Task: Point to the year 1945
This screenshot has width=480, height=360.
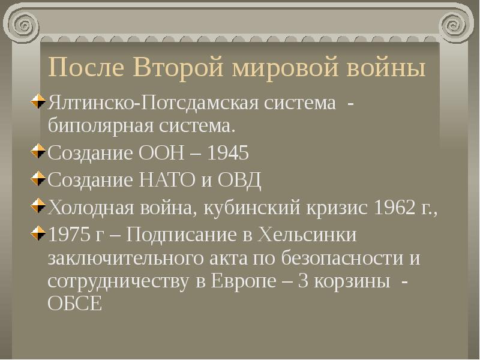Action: (x=227, y=154)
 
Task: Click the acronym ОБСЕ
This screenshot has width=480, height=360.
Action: (x=74, y=304)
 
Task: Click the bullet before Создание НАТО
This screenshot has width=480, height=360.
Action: (x=40, y=179)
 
